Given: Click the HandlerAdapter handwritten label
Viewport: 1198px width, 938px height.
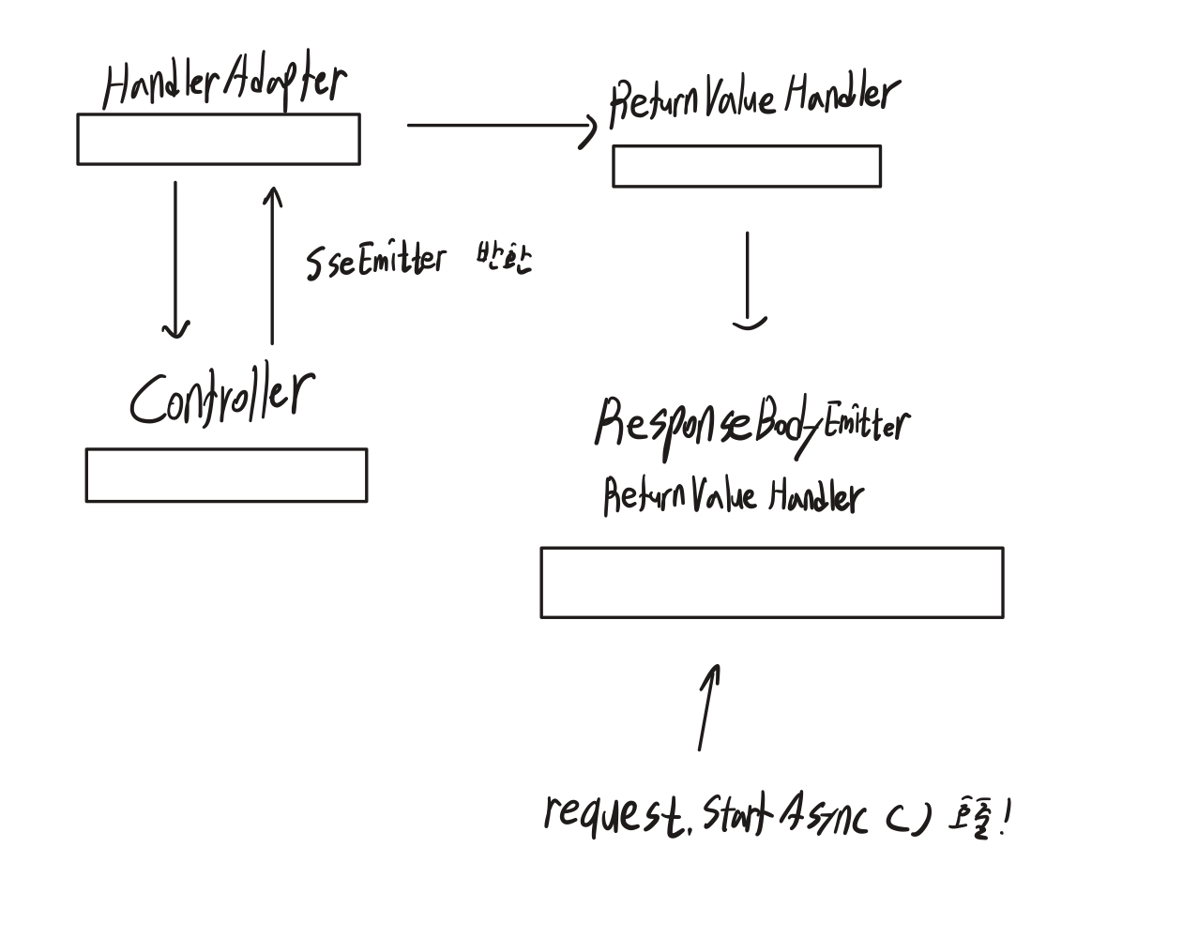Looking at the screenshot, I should [223, 85].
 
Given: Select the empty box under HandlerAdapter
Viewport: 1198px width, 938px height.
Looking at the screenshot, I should [218, 140].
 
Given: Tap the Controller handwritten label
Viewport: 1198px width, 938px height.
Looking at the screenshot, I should [221, 398].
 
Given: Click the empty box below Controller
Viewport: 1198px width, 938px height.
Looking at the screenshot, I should [226, 476].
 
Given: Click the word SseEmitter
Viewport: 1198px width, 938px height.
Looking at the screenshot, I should [375, 260].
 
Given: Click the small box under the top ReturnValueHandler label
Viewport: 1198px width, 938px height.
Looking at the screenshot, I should [747, 167].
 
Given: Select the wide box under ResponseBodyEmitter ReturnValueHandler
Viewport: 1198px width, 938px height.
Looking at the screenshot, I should [771, 582].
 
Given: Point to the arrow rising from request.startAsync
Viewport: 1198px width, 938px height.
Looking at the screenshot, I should [708, 707].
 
